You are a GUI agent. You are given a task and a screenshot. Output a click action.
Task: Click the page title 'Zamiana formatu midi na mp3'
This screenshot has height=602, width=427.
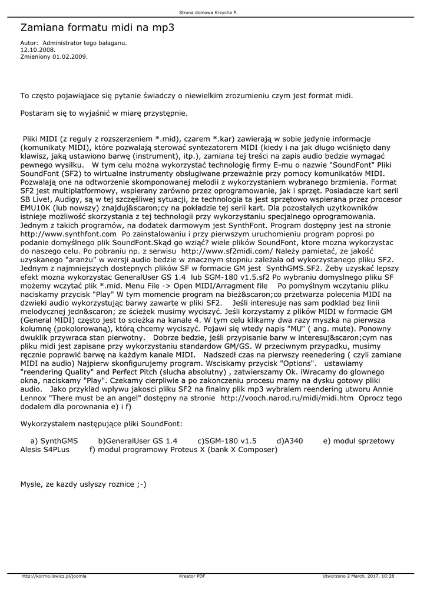97,28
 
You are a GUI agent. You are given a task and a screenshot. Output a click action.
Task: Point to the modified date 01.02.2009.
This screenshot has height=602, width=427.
69,57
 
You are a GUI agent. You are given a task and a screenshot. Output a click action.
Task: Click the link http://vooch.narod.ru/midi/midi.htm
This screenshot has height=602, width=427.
287,398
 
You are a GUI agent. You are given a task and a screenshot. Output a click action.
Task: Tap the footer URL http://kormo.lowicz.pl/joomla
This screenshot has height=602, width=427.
54,576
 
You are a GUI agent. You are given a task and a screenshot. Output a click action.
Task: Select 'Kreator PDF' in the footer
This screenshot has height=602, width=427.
192,576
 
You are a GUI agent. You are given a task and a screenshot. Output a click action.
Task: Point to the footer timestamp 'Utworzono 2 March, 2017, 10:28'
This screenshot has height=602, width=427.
359,576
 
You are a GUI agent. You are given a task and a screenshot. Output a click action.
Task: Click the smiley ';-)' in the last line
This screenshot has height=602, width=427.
140,484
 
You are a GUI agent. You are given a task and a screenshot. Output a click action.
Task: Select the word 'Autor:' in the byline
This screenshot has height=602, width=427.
29,43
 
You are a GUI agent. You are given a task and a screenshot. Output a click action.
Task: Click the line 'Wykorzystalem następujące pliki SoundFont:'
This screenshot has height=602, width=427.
101,423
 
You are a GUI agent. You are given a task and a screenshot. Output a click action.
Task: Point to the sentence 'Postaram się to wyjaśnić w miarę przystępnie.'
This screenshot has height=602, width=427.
104,112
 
